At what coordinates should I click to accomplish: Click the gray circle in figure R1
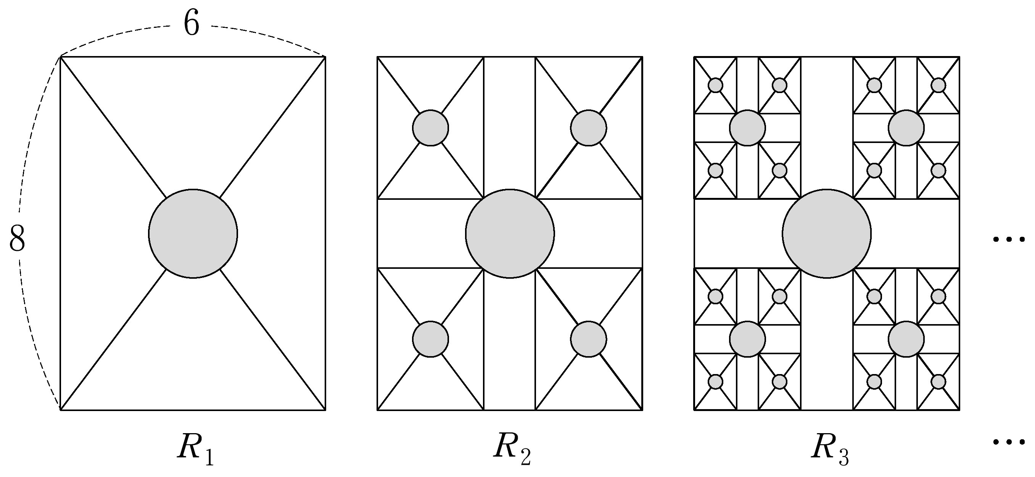(193, 233)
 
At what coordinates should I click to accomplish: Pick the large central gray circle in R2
(510, 233)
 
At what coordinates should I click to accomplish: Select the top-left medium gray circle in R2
(430, 128)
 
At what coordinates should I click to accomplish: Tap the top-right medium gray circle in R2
(589, 128)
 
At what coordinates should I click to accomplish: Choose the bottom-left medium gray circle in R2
(430, 339)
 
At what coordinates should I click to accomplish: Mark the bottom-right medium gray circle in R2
(589, 339)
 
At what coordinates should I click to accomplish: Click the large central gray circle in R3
(827, 233)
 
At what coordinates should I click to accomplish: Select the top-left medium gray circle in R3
(747, 128)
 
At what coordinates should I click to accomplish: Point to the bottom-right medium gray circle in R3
(906, 339)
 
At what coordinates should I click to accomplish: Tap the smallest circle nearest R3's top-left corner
(716, 85)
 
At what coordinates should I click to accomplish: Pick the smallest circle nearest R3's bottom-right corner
(938, 381)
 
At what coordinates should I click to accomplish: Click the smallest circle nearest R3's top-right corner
(938, 85)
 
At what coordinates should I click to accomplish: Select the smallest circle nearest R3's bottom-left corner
(716, 381)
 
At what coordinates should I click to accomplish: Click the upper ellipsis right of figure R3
(1008, 239)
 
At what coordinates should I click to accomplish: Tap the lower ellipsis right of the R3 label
(1008, 442)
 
